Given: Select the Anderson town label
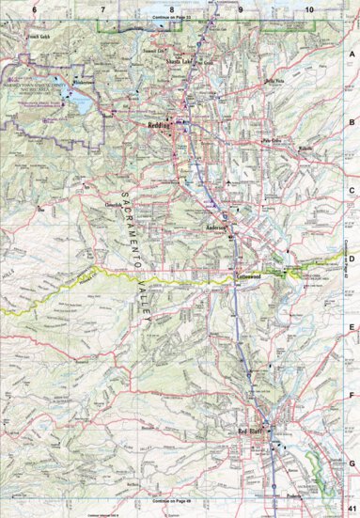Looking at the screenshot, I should [x=217, y=228].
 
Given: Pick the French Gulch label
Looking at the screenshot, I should [x=39, y=36].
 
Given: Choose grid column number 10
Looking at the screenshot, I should [x=309, y=8].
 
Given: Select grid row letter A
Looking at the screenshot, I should [x=352, y=55].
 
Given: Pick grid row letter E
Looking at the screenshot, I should [x=352, y=327].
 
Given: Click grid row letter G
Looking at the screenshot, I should [x=352, y=463].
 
